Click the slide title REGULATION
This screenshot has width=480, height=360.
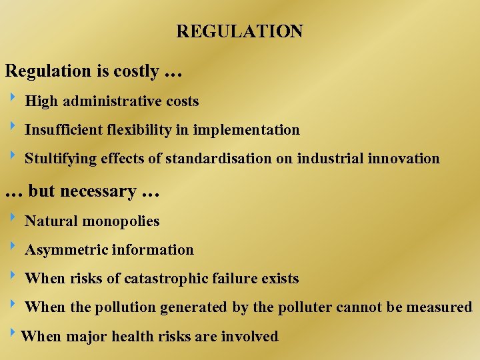tap(239, 31)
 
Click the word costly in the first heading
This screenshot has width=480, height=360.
tap(136, 71)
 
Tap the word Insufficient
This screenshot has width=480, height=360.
tap(64, 129)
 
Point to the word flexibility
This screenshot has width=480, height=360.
tap(139, 129)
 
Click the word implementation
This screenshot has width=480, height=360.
tap(247, 129)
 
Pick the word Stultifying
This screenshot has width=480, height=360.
tap(61, 159)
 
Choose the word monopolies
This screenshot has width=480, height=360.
tap(123, 221)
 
